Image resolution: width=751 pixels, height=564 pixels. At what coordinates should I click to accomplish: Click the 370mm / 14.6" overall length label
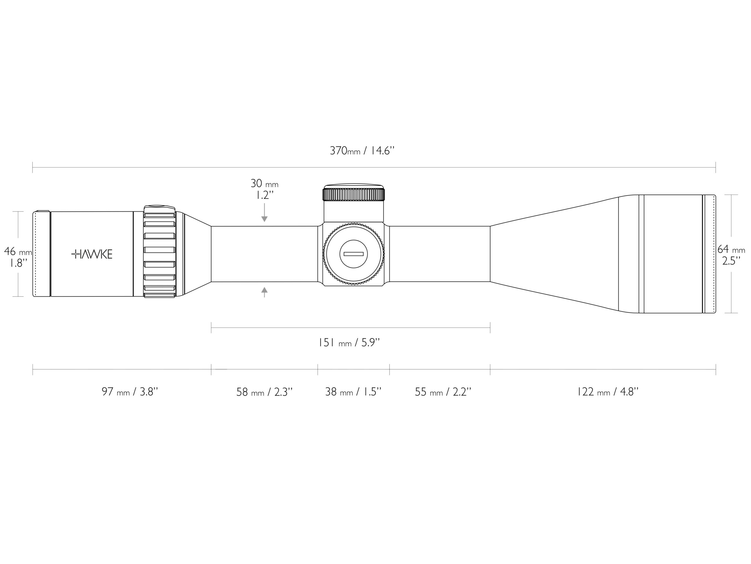pos(362,150)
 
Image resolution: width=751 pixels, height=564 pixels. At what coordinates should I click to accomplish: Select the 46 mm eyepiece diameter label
pos(18,251)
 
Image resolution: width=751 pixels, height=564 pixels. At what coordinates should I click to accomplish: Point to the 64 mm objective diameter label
pos(731,250)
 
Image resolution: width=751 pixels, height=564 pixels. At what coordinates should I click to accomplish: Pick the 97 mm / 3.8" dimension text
pos(130,392)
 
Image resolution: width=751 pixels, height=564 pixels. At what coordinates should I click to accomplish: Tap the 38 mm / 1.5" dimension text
pos(353,392)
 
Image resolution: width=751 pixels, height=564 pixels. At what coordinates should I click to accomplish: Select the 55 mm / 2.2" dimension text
pos(443,392)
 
